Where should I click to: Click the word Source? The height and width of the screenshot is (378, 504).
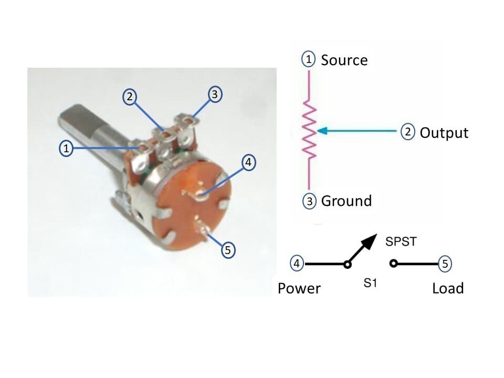coord(344,60)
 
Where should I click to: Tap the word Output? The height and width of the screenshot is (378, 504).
coord(444,132)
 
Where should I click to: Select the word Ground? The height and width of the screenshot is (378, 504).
coord(346,201)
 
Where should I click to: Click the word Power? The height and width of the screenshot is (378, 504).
coord(299,288)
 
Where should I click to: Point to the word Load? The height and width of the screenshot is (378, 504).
coord(448,288)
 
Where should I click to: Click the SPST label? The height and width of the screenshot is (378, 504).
coord(401,242)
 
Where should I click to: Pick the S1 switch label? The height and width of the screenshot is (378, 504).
coord(371,283)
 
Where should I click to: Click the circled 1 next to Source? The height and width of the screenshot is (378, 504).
coord(309,59)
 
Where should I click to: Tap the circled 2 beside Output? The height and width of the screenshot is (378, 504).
coord(408,132)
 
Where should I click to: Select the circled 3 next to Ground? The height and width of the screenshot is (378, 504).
coord(310,200)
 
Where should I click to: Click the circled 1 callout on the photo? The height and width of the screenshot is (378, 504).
coord(66,149)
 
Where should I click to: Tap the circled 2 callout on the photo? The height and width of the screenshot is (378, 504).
coord(129,97)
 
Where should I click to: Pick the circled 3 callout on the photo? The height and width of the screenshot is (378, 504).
coord(213,94)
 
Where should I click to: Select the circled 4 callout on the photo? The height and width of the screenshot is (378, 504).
coord(249,163)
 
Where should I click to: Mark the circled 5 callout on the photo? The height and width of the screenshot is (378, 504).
coord(228,250)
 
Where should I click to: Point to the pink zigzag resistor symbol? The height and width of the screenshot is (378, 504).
coord(310,131)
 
